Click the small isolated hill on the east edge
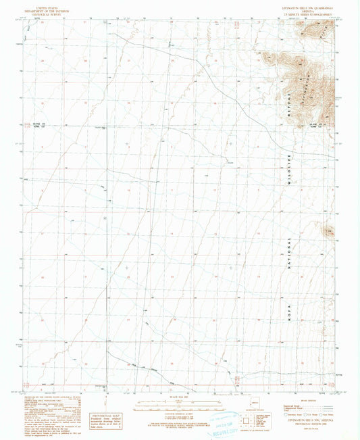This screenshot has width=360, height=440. click(329, 232)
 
